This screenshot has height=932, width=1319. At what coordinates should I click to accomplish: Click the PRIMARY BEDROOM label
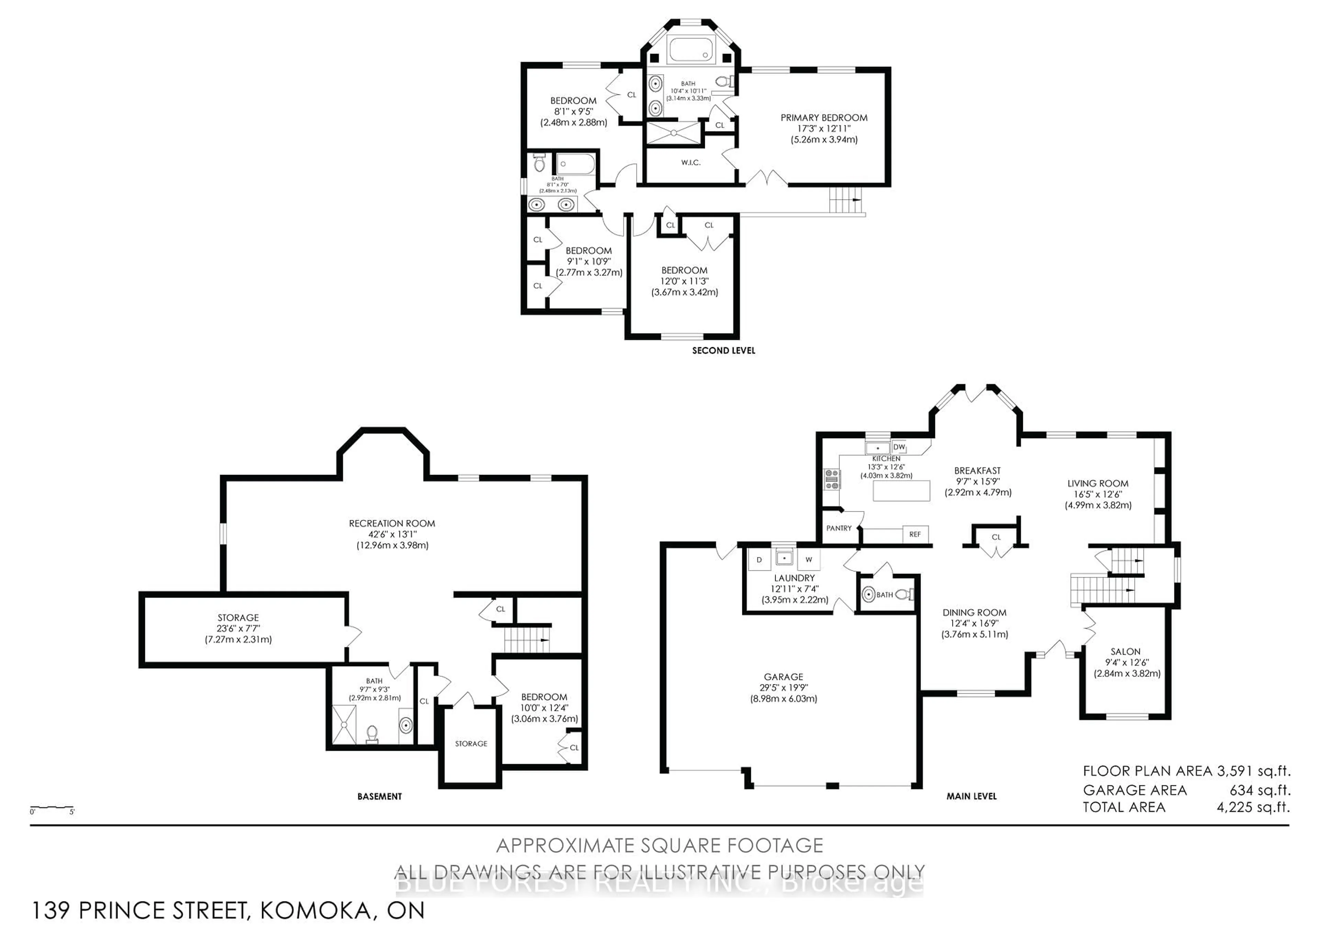coord(823,118)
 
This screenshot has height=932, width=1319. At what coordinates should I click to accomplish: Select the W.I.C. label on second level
coord(690,162)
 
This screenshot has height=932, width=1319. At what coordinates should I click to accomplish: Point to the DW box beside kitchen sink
coord(899,447)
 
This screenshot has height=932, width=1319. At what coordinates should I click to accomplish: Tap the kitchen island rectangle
coord(901,491)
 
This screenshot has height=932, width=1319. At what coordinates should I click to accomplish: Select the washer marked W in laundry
coord(808,559)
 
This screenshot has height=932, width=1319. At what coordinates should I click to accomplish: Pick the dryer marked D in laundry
coord(759,559)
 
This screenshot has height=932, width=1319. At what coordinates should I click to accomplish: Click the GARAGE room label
coord(783,677)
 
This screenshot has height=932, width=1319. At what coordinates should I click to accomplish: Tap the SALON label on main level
coord(1125,652)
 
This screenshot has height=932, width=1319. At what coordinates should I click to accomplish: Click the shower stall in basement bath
coord(344,724)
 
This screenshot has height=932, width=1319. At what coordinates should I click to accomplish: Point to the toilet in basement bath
coord(372,733)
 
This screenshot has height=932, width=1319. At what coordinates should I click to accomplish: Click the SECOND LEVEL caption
coord(723,350)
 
